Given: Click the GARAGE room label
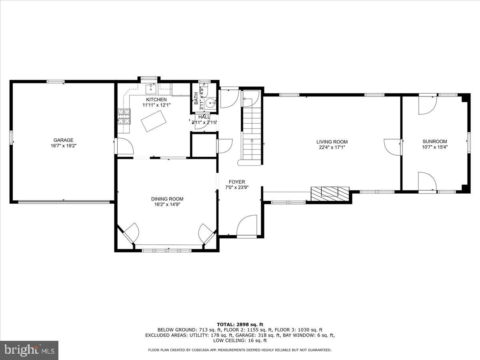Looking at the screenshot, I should (x=64, y=140).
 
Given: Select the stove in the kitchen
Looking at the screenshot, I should (x=124, y=116).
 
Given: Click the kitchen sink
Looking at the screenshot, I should (x=152, y=88).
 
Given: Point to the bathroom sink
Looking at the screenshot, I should (x=210, y=104).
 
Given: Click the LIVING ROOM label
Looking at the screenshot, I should (x=332, y=142).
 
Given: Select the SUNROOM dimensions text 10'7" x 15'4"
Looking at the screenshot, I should (x=435, y=147).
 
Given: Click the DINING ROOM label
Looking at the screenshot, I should (x=167, y=199).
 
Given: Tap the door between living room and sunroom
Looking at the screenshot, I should (x=392, y=147).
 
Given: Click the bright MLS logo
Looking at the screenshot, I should (x=29, y=350).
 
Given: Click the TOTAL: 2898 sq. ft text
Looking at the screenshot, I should (x=240, y=324).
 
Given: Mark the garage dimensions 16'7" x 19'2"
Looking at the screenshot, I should (x=64, y=146).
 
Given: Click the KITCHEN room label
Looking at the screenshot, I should (x=156, y=100).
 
